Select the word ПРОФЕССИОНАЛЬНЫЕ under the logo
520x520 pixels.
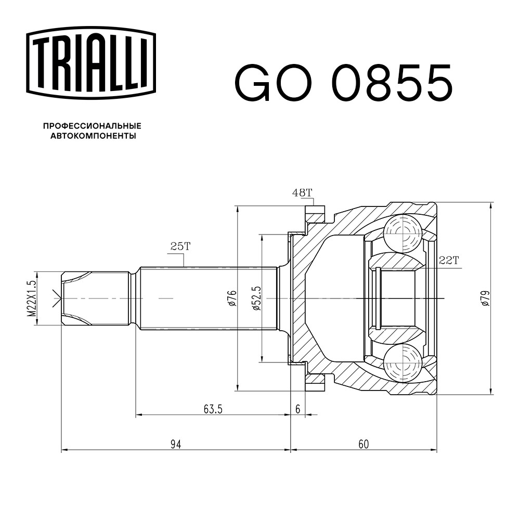[x=93, y=126]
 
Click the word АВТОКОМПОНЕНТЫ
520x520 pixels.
[x=93, y=136]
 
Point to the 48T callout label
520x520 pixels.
[x=302, y=193]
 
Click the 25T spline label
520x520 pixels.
[x=180, y=246]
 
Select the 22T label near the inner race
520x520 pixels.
[x=448, y=261]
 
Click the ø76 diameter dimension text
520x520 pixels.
[x=232, y=298]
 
